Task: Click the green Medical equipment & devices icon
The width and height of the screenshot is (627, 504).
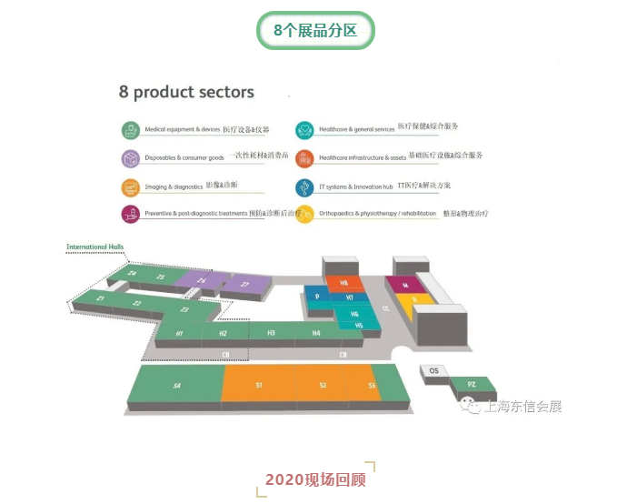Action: pyautogui.click(x=132, y=129)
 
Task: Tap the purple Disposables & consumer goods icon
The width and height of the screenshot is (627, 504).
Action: pyautogui.click(x=132, y=157)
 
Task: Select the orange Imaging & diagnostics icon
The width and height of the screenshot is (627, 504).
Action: pyautogui.click(x=132, y=186)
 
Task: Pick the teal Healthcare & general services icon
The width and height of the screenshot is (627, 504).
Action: pyautogui.click(x=304, y=129)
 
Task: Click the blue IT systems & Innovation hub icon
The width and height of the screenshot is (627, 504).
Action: pyautogui.click(x=304, y=186)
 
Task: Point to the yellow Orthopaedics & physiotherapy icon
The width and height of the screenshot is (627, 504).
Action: pyautogui.click(x=304, y=214)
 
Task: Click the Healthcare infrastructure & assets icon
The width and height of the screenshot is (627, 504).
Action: pyautogui.click(x=304, y=157)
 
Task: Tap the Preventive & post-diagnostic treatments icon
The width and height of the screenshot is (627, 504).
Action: pyautogui.click(x=132, y=214)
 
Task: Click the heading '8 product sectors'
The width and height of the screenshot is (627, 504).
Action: pyautogui.click(x=186, y=92)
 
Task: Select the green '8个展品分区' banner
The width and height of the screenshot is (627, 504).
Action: pyautogui.click(x=314, y=31)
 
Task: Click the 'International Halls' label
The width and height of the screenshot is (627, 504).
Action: pyautogui.click(x=95, y=247)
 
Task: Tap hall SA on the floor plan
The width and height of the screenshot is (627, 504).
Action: pyautogui.click(x=177, y=386)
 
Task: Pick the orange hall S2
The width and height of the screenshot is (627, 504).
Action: pyautogui.click(x=323, y=386)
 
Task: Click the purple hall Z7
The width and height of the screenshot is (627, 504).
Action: pyautogui.click(x=245, y=285)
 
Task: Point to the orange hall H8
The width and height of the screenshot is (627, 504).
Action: pyautogui.click(x=344, y=283)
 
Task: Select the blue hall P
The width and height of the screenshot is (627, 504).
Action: pyautogui.click(x=317, y=297)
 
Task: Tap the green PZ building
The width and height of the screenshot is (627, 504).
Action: pyautogui.click(x=472, y=385)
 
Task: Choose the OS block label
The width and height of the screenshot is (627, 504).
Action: pyautogui.click(x=433, y=370)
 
